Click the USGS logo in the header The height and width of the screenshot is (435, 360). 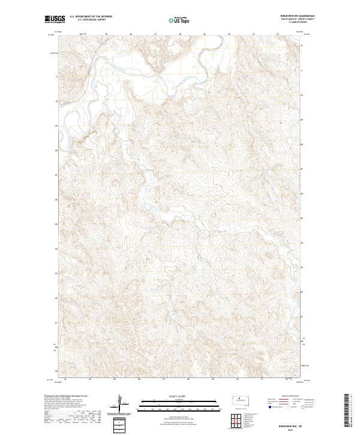(x=55, y=19)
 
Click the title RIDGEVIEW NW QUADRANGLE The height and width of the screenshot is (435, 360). (x=298, y=16)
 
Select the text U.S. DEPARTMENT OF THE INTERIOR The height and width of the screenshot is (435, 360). (x=91, y=17)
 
